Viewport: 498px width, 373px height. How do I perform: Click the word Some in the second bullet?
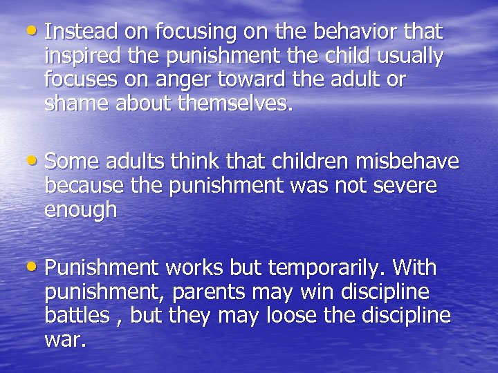pos(73,162)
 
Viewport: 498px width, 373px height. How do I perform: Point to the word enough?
pos(80,209)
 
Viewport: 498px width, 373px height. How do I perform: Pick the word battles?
pos(75,316)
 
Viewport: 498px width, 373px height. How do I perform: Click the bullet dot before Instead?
pos(35,31)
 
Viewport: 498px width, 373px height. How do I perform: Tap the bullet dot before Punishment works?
pos(35,267)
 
